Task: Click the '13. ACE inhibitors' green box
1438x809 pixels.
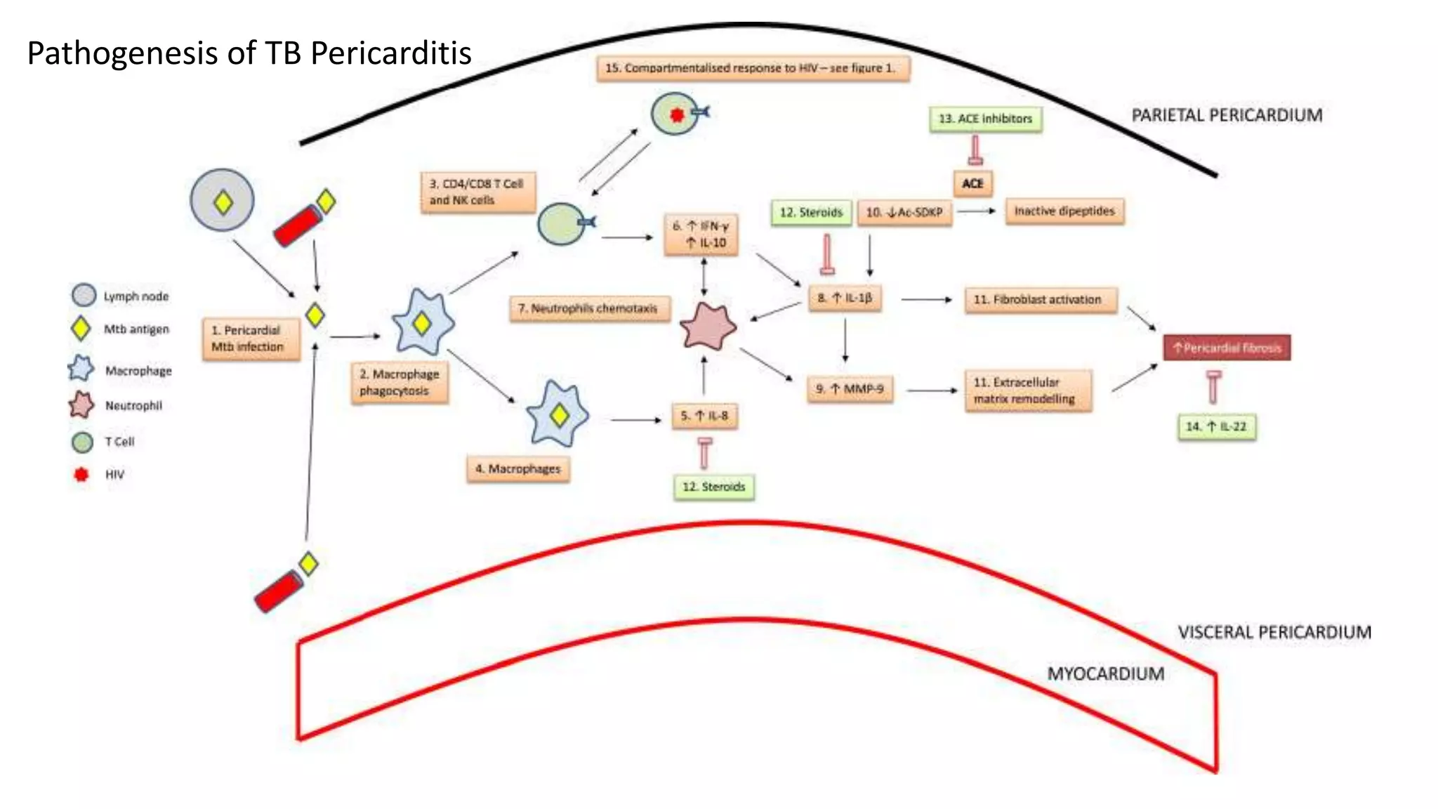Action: pyautogui.click(x=985, y=119)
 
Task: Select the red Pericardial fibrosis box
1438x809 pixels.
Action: pyautogui.click(x=1227, y=348)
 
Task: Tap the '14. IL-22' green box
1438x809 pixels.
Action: pyautogui.click(x=1216, y=426)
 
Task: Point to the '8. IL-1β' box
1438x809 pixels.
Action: pyautogui.click(x=845, y=298)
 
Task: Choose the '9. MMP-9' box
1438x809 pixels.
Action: pyautogui.click(x=850, y=389)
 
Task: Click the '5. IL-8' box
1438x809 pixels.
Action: pyautogui.click(x=704, y=416)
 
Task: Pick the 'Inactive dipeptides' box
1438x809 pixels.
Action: pyautogui.click(x=1064, y=211)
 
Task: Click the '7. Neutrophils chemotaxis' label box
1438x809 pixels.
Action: pyautogui.click(x=588, y=308)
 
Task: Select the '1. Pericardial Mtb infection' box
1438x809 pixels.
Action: pyautogui.click(x=250, y=338)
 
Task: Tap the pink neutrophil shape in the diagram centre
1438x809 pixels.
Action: pyautogui.click(x=708, y=327)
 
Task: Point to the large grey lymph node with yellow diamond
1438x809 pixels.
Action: pyautogui.click(x=223, y=200)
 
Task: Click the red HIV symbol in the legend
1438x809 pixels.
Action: pyautogui.click(x=81, y=475)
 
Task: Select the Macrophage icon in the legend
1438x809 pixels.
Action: pyautogui.click(x=81, y=369)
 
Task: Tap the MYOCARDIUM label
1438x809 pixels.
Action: pyautogui.click(x=1105, y=674)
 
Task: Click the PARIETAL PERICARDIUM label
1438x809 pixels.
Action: pyautogui.click(x=1226, y=115)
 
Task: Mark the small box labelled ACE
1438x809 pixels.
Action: pyautogui.click(x=972, y=183)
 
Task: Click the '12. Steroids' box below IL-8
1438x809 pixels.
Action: pyautogui.click(x=713, y=487)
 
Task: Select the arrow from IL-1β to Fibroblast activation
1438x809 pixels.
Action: pyautogui.click(x=926, y=300)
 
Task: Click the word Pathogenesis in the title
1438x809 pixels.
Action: pyautogui.click(x=122, y=53)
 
